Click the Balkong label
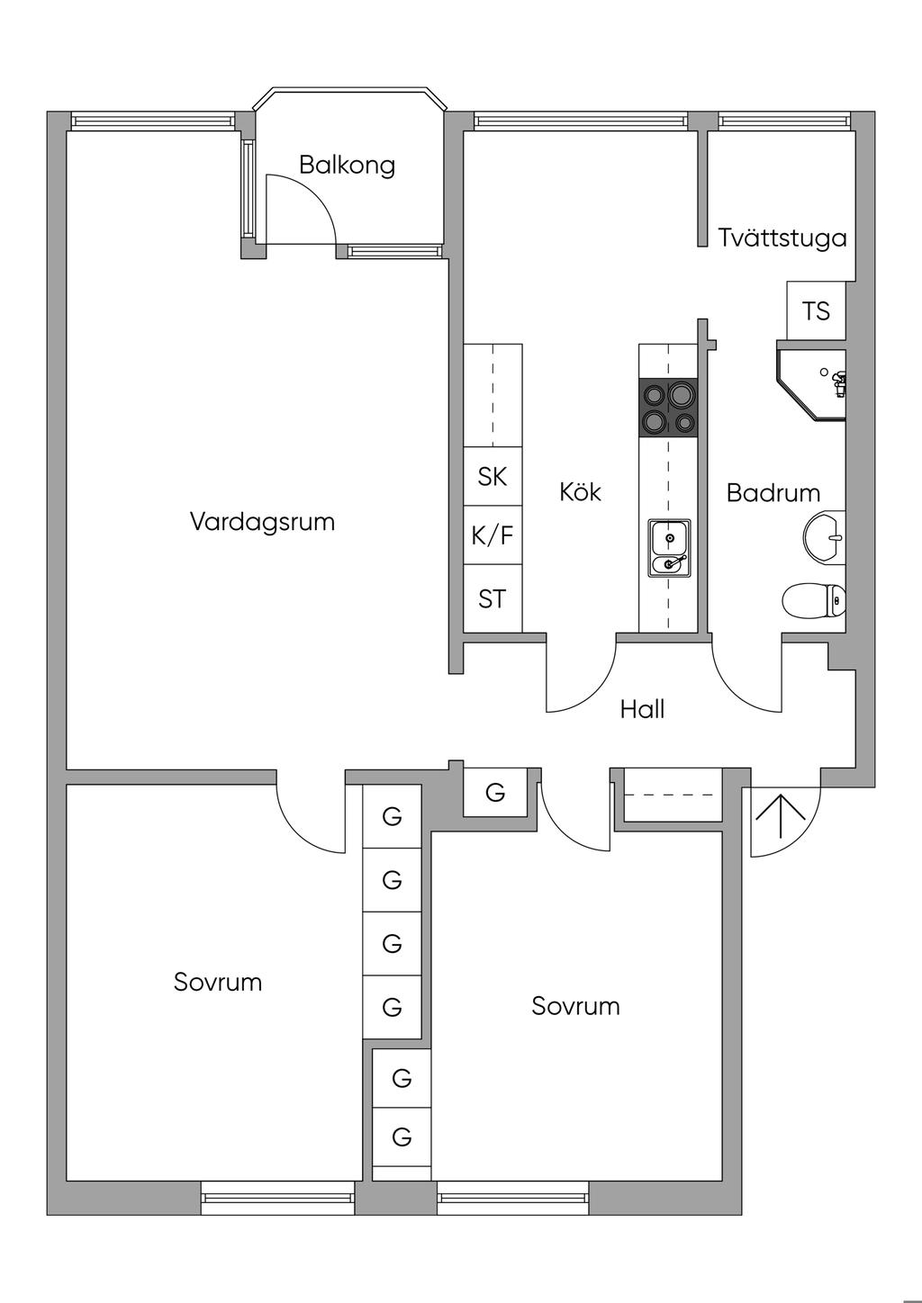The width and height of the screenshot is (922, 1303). point(347,166)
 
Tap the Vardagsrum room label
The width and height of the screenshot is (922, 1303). point(263,521)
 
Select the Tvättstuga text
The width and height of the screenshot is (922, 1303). point(782,238)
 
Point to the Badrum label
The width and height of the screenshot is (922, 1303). point(773,493)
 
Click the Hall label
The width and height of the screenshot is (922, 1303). point(642,709)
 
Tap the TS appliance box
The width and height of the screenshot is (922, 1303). point(816,310)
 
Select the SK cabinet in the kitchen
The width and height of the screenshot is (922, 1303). point(493,476)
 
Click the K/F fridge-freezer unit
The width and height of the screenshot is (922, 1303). point(493,535)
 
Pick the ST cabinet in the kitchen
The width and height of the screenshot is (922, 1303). point(493,598)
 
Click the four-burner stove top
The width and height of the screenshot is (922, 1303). point(668,407)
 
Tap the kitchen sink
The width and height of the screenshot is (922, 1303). point(669,549)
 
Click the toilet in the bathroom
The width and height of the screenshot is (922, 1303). point(814,600)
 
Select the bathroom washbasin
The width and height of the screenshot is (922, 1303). point(824,537)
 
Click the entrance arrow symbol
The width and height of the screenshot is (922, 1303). point(780,816)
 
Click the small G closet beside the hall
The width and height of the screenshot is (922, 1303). point(494,792)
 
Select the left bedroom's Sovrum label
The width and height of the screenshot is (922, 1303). point(218,982)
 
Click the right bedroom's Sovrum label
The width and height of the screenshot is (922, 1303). point(575,1006)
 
